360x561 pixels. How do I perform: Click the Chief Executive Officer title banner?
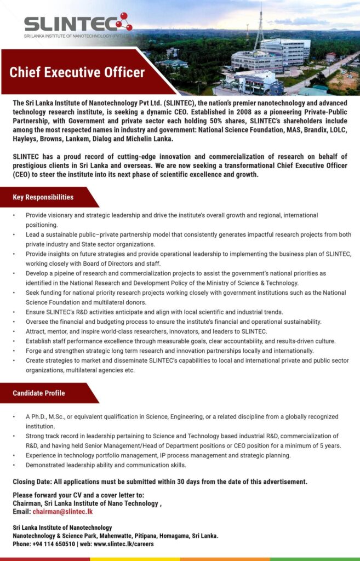coord(77,72)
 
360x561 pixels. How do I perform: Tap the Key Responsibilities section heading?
coord(43,197)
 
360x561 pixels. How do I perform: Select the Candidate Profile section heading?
coord(39,393)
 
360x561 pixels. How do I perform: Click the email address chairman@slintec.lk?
coord(62,512)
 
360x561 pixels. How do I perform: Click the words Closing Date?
coord(33,482)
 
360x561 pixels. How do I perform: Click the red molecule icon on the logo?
coord(123,21)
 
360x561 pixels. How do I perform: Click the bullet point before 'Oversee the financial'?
coord(15,322)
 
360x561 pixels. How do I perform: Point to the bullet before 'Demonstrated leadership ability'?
coord(15,465)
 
